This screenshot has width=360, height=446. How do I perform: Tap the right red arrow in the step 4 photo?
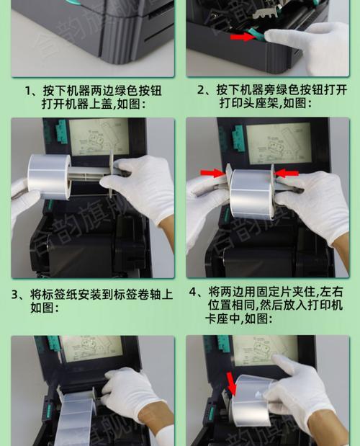point(287,173)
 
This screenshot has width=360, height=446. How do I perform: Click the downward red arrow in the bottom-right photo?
point(230,383)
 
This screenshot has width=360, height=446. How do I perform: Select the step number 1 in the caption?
point(30,92)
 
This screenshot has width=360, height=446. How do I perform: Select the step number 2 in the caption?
point(202,92)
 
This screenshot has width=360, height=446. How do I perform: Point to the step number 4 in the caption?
point(194,292)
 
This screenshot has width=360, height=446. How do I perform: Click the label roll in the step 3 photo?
point(49,177)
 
